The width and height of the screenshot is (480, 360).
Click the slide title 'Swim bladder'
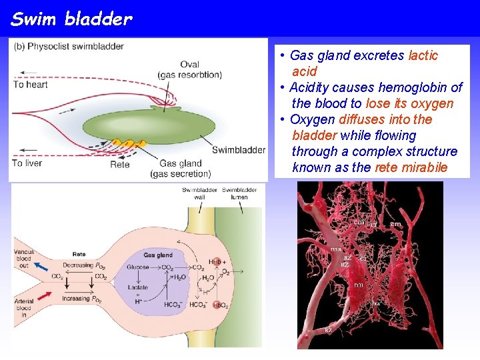click(71, 19)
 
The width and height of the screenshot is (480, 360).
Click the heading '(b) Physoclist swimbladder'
click(69, 47)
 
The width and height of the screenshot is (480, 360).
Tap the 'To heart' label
click(31, 85)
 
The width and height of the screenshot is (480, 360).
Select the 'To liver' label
click(27, 163)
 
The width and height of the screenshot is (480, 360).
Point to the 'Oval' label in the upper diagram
click(189, 65)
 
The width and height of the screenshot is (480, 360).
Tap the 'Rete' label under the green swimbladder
click(120, 164)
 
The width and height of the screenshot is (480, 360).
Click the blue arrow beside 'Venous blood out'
click(42, 267)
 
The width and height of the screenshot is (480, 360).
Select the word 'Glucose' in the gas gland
click(138, 267)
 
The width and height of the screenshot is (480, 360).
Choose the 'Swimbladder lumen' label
click(235, 193)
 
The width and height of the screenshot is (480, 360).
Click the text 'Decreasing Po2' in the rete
click(87, 265)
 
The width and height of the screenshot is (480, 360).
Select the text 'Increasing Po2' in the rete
click(85, 299)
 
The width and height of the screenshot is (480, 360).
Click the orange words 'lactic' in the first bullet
click(423, 55)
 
